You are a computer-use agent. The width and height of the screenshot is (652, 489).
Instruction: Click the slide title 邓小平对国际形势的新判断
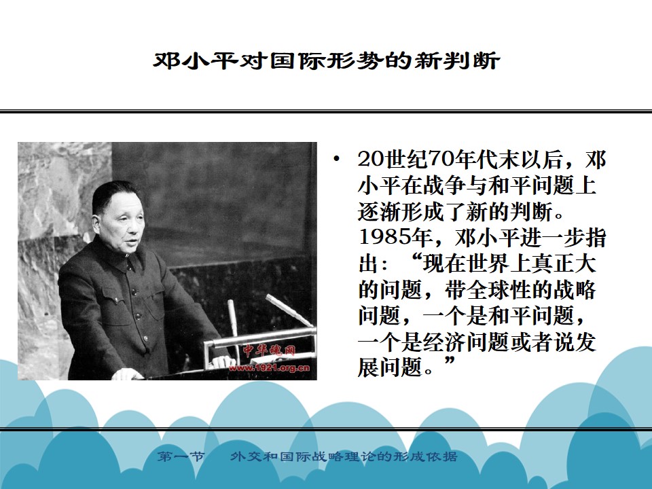click(326, 61)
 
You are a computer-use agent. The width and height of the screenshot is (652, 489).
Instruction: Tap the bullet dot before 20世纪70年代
click(336, 159)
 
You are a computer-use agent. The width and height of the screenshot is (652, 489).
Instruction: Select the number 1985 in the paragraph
click(383, 238)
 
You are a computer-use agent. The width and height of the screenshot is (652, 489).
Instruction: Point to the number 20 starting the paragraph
click(369, 159)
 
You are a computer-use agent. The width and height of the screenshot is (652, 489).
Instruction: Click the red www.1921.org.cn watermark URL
click(269, 367)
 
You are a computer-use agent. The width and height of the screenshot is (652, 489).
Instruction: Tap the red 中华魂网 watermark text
click(270, 350)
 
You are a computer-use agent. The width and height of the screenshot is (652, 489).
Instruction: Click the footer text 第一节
click(181, 456)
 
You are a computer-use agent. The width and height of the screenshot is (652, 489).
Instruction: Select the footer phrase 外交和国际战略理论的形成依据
click(344, 456)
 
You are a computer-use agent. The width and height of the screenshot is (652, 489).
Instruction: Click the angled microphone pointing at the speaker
click(289, 310)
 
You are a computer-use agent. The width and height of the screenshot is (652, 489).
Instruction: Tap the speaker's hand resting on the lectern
click(126, 375)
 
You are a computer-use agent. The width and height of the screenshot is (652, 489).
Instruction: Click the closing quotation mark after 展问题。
click(450, 361)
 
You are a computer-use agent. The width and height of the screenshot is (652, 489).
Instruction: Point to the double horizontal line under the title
click(326, 111)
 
